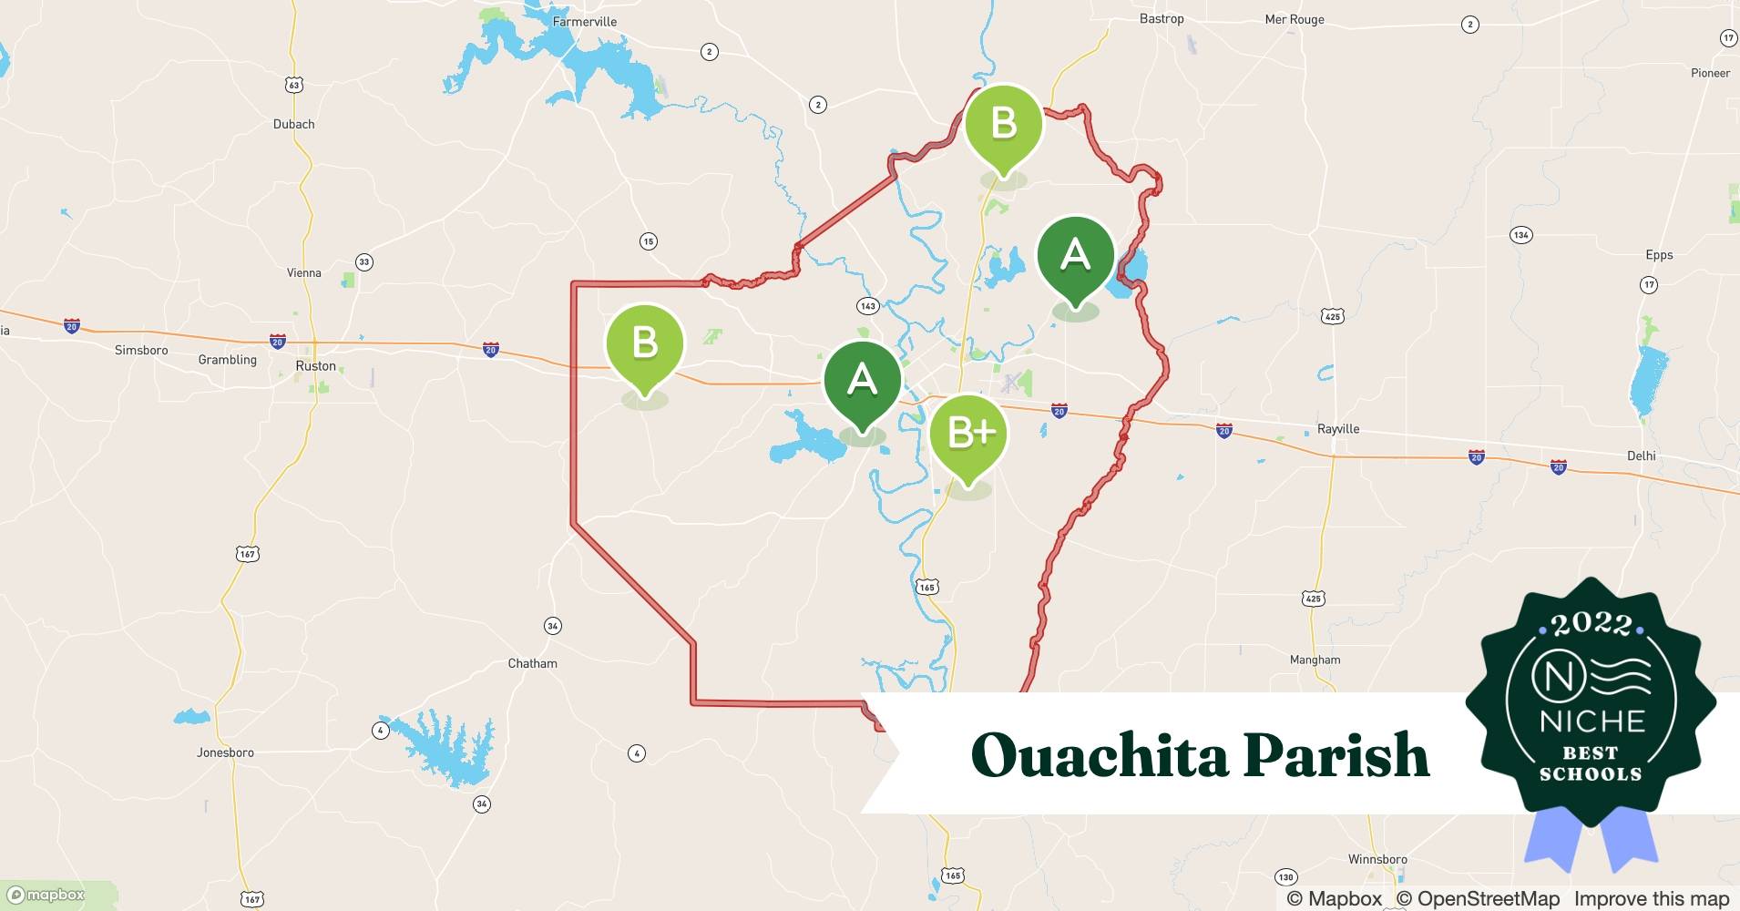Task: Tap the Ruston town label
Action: tap(316, 366)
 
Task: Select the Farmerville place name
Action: tap(585, 21)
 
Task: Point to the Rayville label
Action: tap(1338, 429)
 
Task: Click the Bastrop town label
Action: tap(1162, 18)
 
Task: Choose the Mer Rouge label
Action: tap(1295, 19)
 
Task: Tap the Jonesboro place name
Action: tap(225, 752)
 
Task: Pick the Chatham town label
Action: tap(532, 663)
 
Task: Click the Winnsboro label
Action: tap(1377, 859)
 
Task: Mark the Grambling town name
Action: tap(228, 360)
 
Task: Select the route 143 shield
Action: tap(867, 306)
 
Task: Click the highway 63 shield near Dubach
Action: tap(292, 85)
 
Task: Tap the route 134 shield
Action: tap(1520, 235)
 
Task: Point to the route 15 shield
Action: tap(648, 241)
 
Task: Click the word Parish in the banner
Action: tap(1336, 755)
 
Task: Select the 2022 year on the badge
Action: tap(1591, 624)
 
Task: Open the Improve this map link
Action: tap(1652, 898)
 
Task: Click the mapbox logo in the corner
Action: tap(46, 895)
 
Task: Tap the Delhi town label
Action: tap(1641, 455)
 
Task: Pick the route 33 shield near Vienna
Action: tap(364, 262)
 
